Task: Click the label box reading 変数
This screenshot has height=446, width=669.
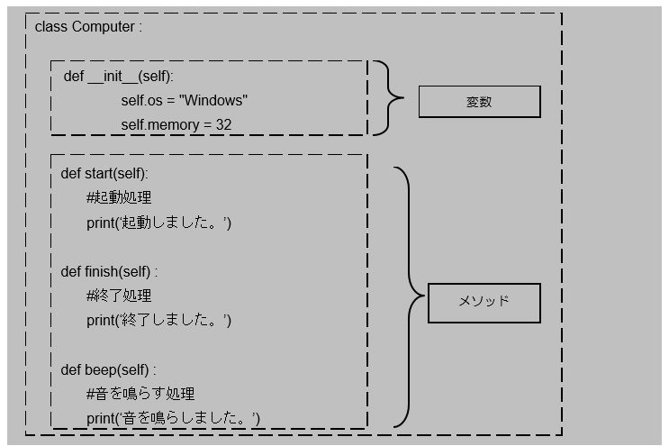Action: pos(479,102)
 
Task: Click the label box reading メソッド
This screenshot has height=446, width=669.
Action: pos(484,302)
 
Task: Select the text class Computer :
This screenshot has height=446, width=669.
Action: pos(88,26)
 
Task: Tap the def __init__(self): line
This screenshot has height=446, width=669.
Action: pos(118,76)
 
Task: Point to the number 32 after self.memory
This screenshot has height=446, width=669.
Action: pos(223,124)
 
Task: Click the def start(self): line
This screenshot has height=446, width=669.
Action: pos(104,173)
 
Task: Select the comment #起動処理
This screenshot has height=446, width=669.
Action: pos(119,197)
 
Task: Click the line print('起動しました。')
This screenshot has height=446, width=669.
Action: pos(159,222)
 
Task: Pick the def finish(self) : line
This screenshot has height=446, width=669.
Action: pos(109,271)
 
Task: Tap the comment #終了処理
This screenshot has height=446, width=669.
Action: pos(119,296)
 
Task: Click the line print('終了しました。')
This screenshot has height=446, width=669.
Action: pos(159,320)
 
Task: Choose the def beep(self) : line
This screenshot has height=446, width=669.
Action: pos(108,369)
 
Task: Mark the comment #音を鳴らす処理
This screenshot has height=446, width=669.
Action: pos(140,394)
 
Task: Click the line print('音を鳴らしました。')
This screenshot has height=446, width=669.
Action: pos(174,418)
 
